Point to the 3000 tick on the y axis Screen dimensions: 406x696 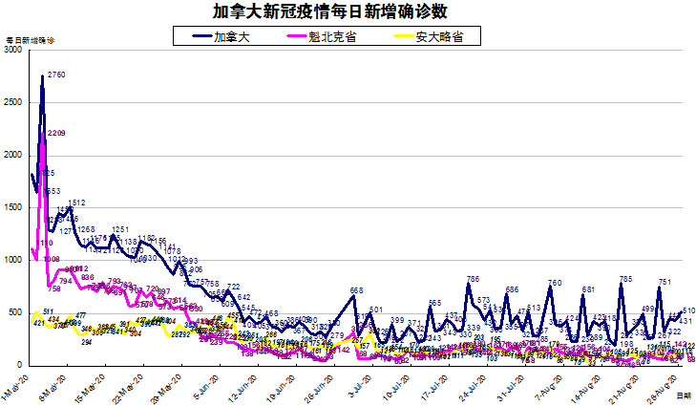click(x=12, y=51)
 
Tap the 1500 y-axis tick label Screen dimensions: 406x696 click(x=12, y=208)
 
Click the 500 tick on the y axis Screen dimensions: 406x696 click(x=15, y=313)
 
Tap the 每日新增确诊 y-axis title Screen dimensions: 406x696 click(x=31, y=41)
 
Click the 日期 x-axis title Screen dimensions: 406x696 click(x=683, y=394)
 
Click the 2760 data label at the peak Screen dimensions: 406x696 click(x=55, y=75)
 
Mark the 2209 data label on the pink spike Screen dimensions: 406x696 click(x=55, y=133)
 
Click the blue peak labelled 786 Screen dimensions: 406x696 click(x=472, y=279)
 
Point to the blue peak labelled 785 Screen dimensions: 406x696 click(x=625, y=279)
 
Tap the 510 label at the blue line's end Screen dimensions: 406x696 click(x=688, y=311)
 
